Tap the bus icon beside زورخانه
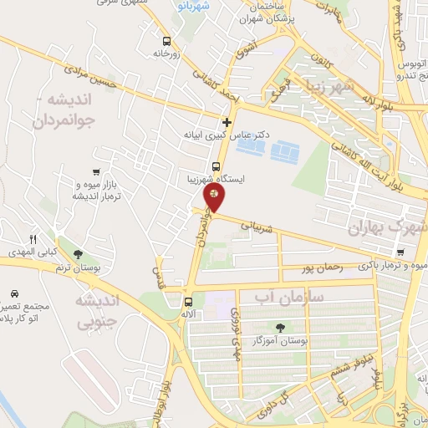[x=167, y=40]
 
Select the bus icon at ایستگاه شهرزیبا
[x=217, y=166]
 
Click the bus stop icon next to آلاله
[x=188, y=302]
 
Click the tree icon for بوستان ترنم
[x=78, y=253]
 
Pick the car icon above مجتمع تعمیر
[x=15, y=293]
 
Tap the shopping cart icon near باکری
[x=400, y=252]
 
